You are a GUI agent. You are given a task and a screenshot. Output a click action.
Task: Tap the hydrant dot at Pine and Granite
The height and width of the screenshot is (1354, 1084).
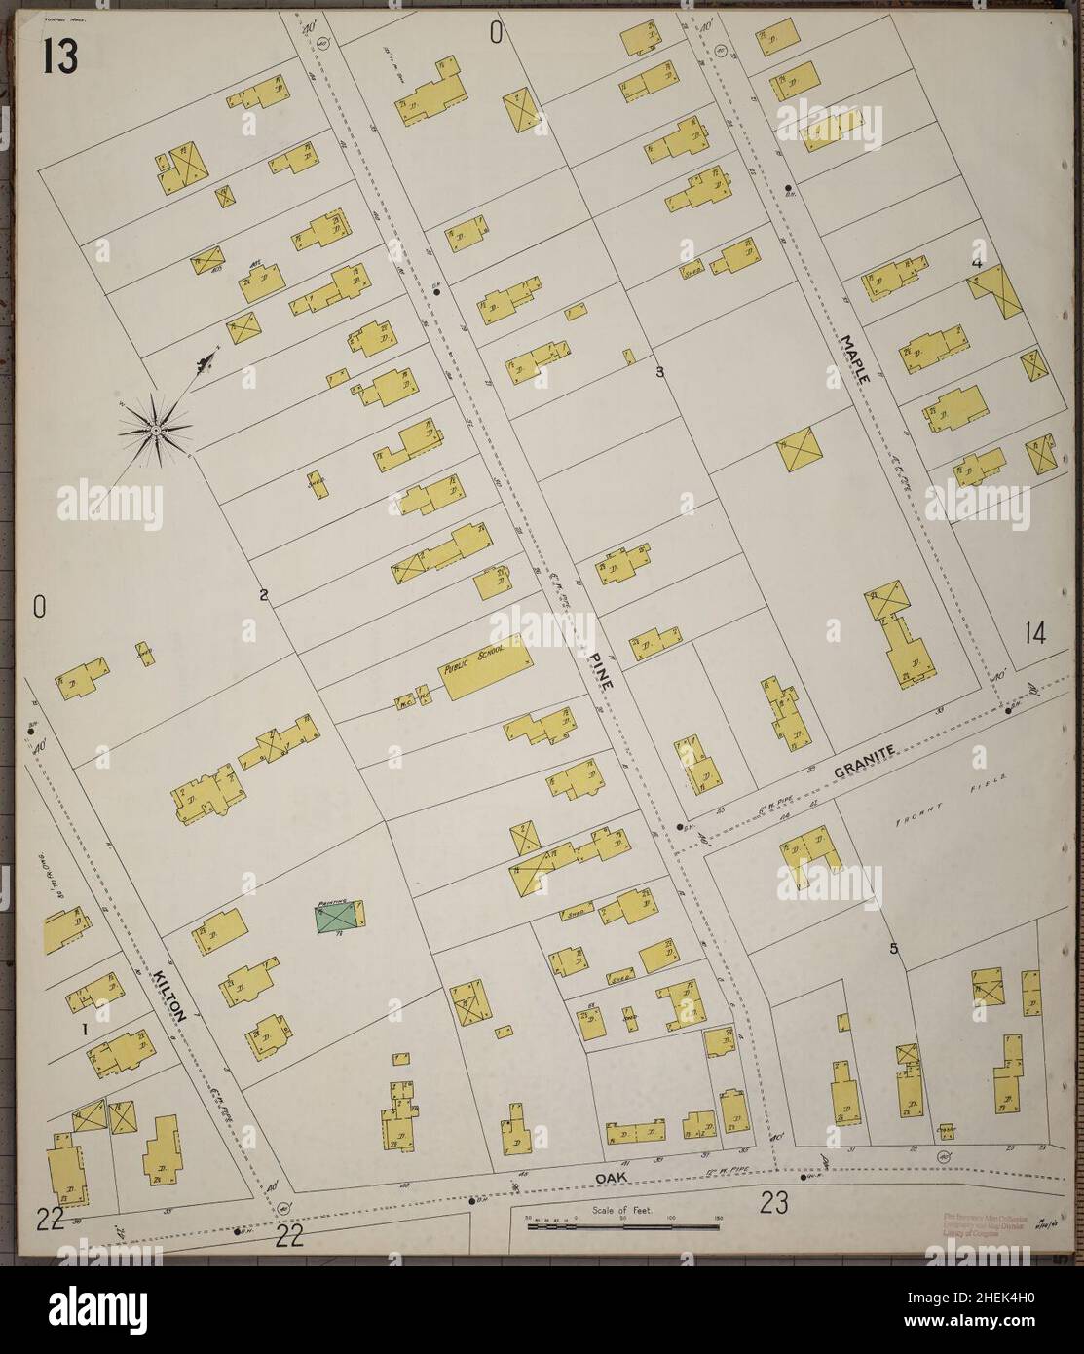coord(679,827)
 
